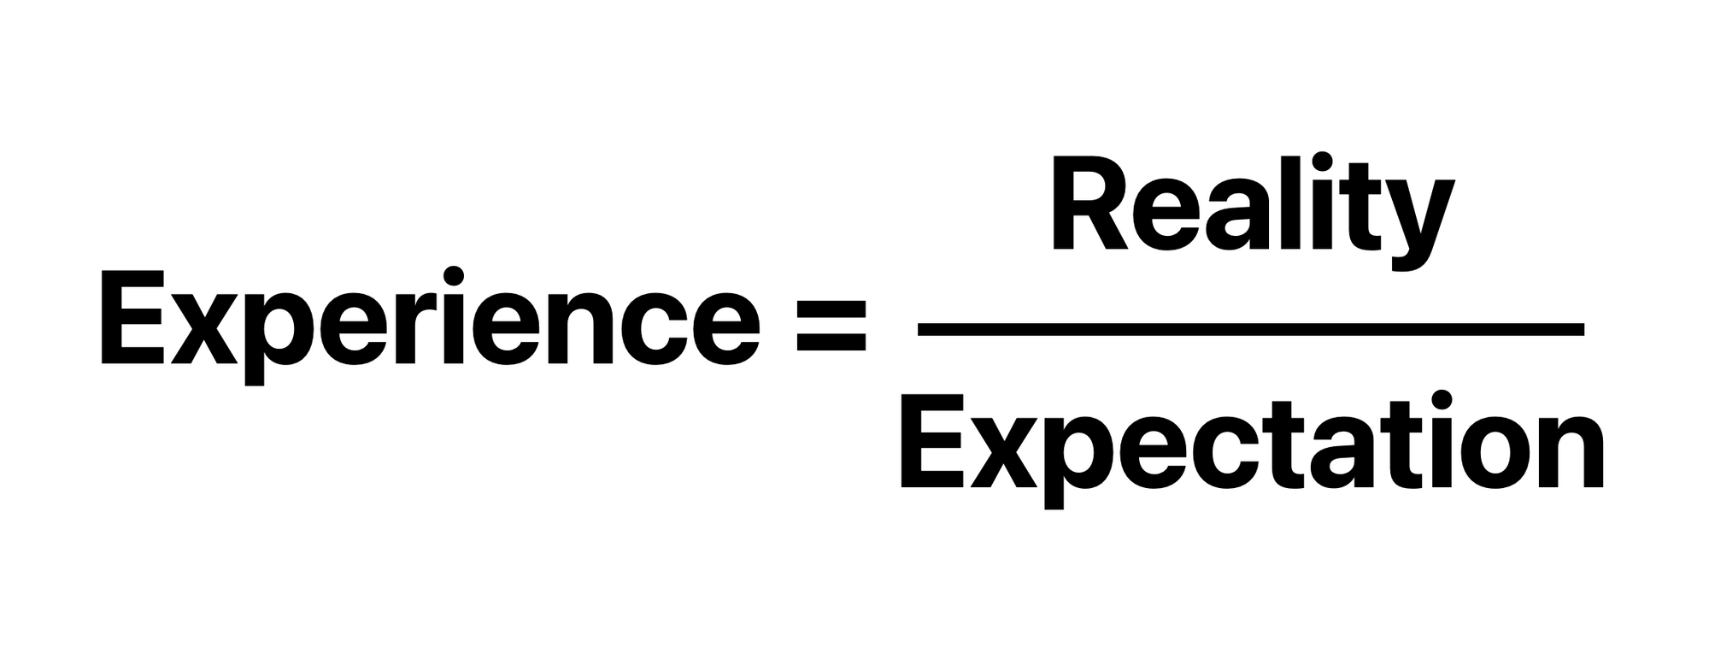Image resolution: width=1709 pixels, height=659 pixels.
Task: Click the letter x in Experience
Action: click(205, 329)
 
